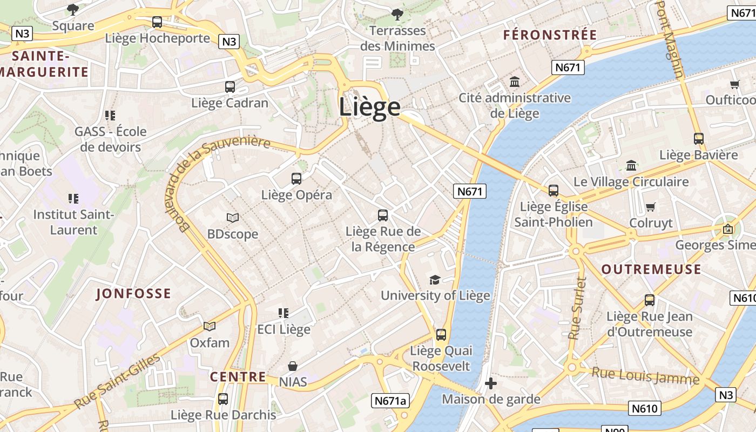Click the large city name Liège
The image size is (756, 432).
click(x=370, y=107)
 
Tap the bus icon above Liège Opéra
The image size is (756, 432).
click(x=296, y=179)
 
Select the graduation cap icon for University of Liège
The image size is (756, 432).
click(x=435, y=279)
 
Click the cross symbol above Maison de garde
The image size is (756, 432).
click(x=490, y=383)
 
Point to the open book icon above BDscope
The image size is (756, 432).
click(x=233, y=218)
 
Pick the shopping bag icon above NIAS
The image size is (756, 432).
click(x=293, y=366)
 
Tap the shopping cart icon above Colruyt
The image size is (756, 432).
click(x=651, y=207)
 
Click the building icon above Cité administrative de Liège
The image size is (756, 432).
click(x=515, y=82)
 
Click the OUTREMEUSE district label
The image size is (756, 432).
click(x=651, y=269)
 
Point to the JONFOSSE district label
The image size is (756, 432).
click(x=133, y=294)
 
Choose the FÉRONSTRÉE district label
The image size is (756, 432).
click(x=550, y=35)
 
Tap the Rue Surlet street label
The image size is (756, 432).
click(x=577, y=308)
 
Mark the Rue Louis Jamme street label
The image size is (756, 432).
click(x=645, y=375)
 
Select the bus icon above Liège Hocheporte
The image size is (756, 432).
click(x=157, y=22)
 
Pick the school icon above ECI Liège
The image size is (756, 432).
click(x=283, y=313)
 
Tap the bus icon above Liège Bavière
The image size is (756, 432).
click(x=698, y=139)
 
